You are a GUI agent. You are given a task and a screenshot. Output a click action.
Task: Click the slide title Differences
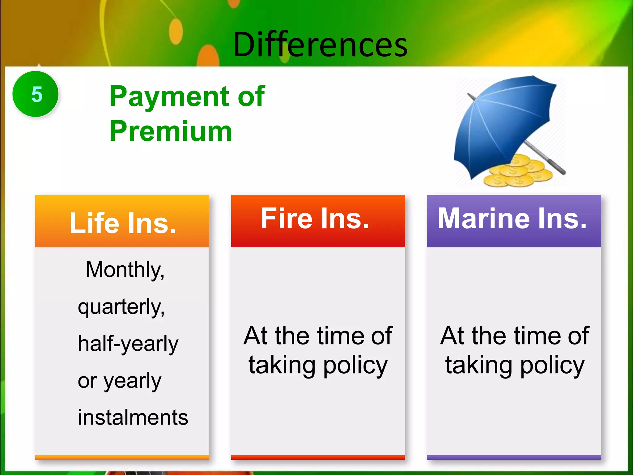pyautogui.click(x=320, y=45)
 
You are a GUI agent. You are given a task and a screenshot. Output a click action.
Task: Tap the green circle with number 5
pyautogui.click(x=36, y=94)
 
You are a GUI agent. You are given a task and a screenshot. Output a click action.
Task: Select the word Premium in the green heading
pyautogui.click(x=171, y=131)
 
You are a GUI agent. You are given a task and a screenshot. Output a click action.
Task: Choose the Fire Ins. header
pyautogui.click(x=315, y=219)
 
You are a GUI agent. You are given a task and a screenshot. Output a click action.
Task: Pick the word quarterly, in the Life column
pyautogui.click(x=121, y=307)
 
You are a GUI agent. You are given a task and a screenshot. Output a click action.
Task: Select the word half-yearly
pyautogui.click(x=128, y=344)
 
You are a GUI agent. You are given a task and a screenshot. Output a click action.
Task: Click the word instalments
pyautogui.click(x=133, y=417)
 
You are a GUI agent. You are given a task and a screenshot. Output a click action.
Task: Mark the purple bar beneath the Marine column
pyautogui.click(x=514, y=457)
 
